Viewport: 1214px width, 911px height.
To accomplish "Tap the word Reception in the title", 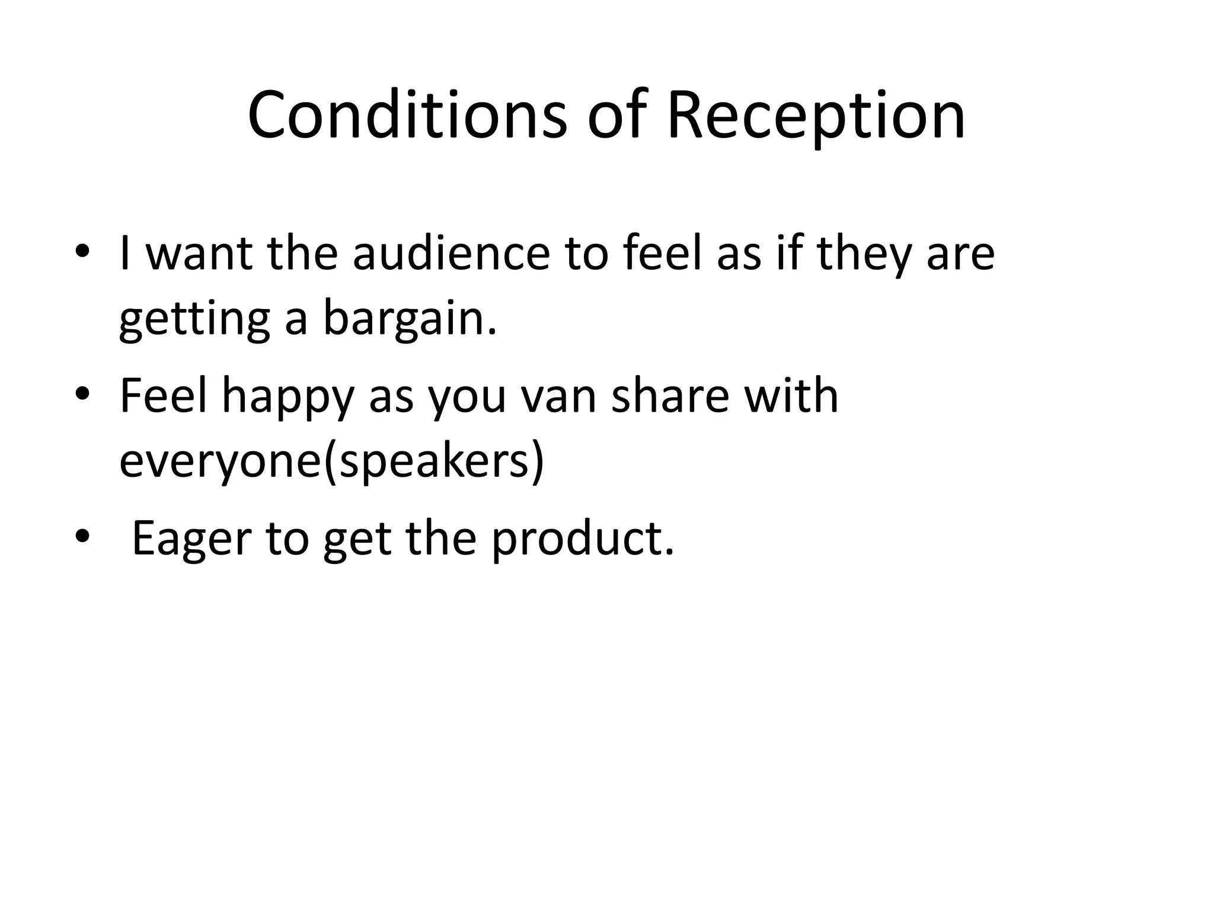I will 816,115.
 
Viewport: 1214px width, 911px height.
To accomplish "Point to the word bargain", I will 409,318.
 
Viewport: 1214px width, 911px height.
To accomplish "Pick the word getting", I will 195,318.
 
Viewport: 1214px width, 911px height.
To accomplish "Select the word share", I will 669,396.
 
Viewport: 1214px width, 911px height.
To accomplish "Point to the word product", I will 583,539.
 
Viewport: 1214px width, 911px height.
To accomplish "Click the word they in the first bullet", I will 862,253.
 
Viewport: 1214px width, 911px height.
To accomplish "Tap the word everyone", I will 220,461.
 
